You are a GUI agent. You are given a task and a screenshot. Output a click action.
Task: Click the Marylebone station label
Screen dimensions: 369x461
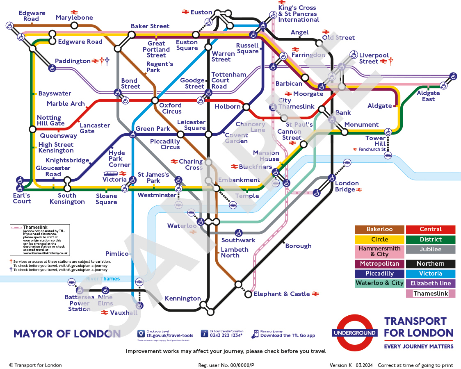coord(74,18)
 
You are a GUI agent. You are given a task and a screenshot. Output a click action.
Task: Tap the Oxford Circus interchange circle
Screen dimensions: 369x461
coord(155,100)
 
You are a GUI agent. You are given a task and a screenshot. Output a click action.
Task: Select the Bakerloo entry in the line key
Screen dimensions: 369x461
coord(379,230)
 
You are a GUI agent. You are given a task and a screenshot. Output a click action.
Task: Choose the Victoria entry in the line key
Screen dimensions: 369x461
coord(430,273)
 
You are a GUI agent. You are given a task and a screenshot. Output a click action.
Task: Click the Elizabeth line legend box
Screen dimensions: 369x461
coord(430,283)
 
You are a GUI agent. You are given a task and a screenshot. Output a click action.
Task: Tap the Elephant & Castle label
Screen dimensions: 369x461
coord(282,294)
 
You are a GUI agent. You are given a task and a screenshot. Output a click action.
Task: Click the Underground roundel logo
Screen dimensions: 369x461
coord(354,333)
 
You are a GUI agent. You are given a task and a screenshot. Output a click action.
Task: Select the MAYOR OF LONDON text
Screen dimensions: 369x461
coord(67,334)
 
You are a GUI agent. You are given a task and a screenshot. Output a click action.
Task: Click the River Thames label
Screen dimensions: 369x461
coord(103,279)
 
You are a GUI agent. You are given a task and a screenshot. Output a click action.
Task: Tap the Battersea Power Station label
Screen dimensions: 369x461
coord(79,303)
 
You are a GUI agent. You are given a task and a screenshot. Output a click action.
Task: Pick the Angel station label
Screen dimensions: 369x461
coord(299,32)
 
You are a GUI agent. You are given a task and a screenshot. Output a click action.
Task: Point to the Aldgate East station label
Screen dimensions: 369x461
coord(428,96)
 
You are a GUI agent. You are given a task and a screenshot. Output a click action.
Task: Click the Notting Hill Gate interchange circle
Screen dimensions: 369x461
coord(32,130)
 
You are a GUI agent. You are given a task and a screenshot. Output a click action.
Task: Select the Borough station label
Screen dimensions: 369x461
coord(298,246)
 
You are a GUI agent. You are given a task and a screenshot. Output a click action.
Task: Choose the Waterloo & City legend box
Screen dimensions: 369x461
coord(379,283)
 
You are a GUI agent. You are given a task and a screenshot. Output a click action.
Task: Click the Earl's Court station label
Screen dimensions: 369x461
coord(22,198)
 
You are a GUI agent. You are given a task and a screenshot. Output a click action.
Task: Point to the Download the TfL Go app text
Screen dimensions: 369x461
coord(288,335)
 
